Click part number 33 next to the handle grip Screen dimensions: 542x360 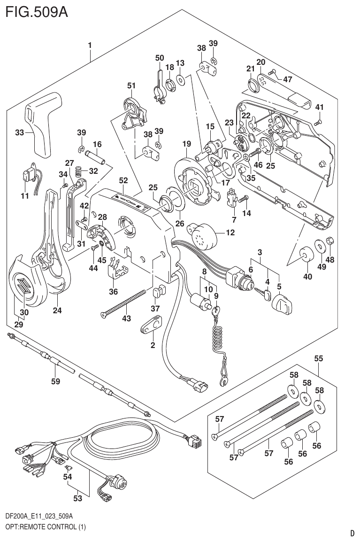19,133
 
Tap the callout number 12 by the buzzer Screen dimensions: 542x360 230,232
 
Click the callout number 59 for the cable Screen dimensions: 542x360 55,381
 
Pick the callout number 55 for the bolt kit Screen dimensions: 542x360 318,358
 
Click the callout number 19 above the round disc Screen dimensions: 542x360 187,143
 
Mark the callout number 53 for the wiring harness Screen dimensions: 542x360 77,498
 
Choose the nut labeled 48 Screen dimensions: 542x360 329,241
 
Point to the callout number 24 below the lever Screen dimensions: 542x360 57,310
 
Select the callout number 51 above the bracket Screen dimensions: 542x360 131,85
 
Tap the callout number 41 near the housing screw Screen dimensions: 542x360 319,107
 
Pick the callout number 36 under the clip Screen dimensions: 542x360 113,292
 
